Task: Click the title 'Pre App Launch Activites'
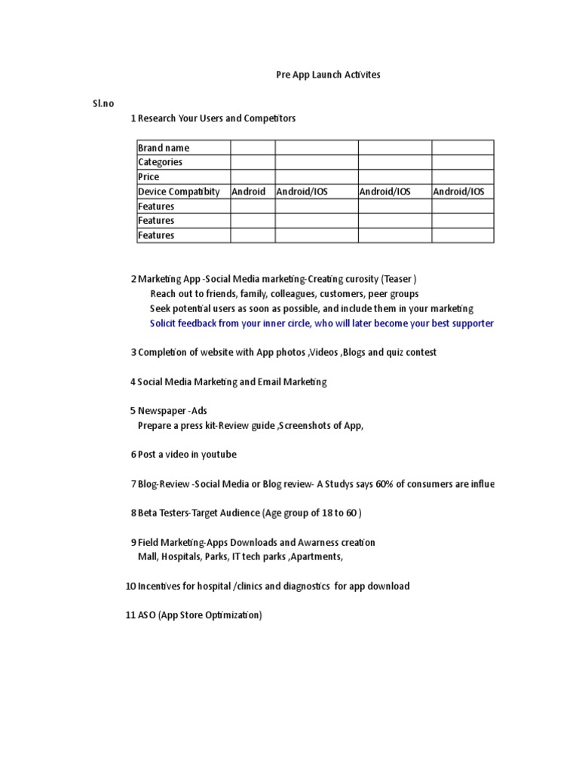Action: [325, 75]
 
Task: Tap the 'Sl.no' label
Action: [103, 103]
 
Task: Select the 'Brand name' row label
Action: [164, 148]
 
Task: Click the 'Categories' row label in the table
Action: [160, 162]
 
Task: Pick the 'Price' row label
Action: [149, 177]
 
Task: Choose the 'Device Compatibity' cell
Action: [179, 191]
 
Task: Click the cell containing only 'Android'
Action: [248, 191]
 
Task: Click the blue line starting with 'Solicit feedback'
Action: [322, 323]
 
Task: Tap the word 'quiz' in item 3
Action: [388, 352]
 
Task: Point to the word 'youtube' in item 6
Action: [218, 454]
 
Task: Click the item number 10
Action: [130, 586]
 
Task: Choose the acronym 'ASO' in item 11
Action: [147, 615]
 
